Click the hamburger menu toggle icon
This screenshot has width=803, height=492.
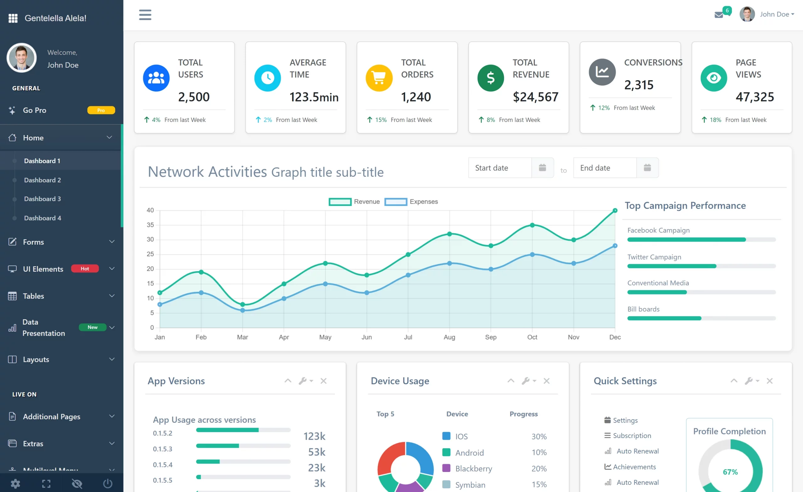point(145,15)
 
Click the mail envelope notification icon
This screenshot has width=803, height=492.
point(719,15)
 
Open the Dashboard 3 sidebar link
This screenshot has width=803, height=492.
point(42,199)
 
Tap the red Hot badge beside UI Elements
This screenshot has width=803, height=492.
point(85,269)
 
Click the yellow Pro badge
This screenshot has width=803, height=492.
point(101,110)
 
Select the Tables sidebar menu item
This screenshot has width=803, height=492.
point(33,296)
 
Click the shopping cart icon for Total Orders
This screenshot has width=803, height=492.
point(379,78)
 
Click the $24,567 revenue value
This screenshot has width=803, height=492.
point(535,97)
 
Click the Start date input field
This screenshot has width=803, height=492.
point(500,168)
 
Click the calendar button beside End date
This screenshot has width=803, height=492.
point(647,168)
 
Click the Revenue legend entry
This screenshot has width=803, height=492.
point(354,202)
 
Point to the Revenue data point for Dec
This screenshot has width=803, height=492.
point(615,211)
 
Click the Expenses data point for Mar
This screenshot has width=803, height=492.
point(242,310)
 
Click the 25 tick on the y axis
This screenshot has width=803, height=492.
point(150,254)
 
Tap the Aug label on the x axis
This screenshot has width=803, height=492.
point(449,337)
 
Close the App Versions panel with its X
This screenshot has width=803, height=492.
point(323,381)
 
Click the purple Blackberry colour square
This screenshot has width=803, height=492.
point(446,468)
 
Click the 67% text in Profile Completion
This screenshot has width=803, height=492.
point(730,472)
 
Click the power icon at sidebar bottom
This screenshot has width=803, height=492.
point(108,484)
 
